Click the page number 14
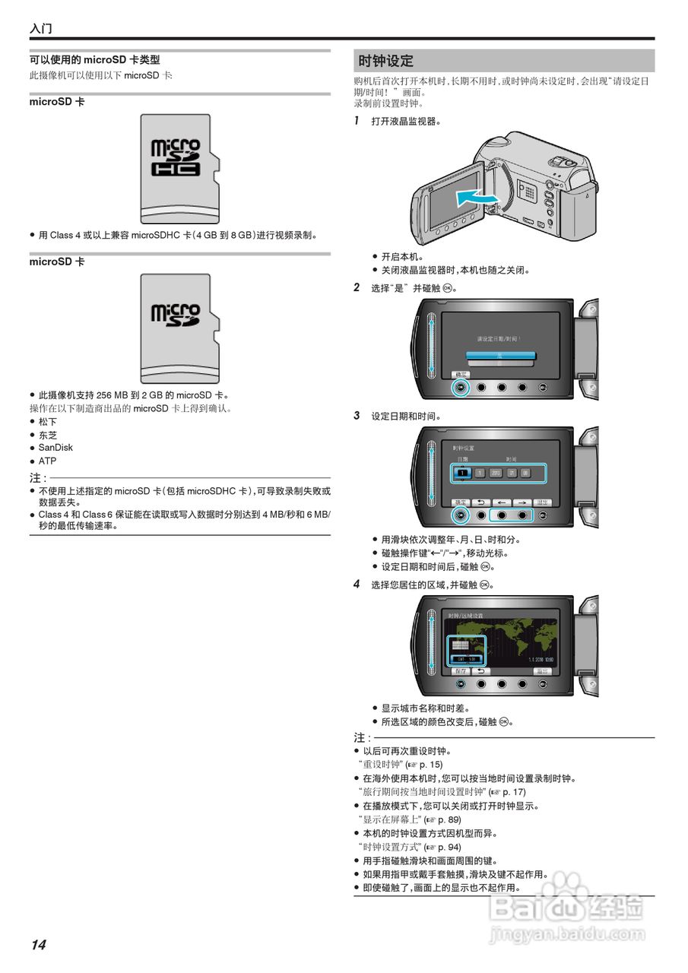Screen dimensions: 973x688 38,945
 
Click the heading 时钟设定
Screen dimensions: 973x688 385,61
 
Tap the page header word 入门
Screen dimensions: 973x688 41,29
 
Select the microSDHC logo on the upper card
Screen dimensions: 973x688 176,157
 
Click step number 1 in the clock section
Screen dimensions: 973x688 357,121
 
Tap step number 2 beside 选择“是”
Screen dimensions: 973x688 357,288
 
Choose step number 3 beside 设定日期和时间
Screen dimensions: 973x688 357,416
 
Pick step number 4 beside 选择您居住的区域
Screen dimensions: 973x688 357,585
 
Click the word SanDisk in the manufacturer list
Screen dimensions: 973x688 55,448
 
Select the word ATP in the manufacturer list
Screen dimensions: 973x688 47,461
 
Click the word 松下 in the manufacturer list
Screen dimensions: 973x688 48,421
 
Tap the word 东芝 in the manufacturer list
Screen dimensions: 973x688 48,435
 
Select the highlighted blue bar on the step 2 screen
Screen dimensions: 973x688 501,355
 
